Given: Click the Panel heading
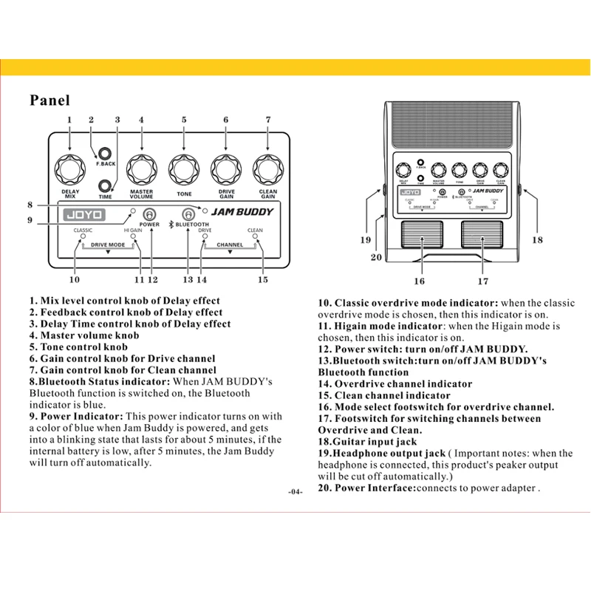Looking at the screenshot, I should point(50,100).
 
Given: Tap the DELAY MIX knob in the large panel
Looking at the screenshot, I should point(70,168).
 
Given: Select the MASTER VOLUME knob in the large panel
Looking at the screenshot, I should point(141,168).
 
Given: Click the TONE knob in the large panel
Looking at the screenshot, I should point(183,168).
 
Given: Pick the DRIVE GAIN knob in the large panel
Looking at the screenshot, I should point(225,168).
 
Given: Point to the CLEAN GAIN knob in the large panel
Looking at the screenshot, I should point(267,168).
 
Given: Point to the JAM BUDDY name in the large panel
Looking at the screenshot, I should point(242,212).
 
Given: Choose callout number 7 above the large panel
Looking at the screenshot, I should point(268,119).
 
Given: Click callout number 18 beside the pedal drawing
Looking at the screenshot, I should point(538,240).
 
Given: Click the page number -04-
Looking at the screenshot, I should point(295,493).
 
